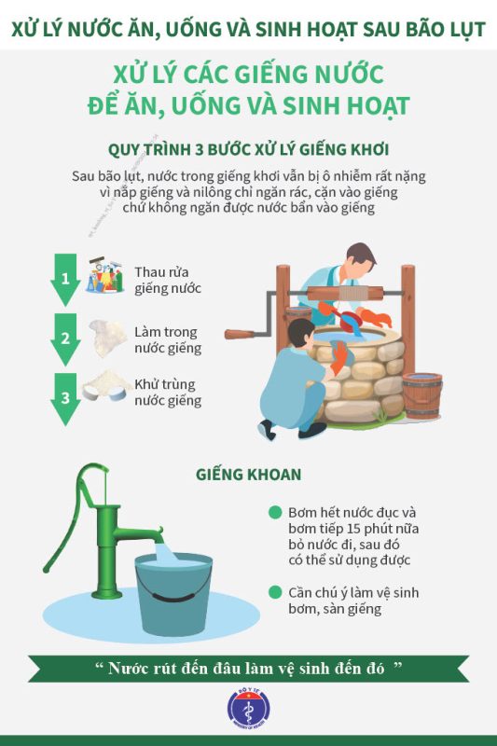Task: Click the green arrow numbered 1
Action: click(65, 279)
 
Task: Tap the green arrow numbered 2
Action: click(65, 339)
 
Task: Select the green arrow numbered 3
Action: click(65, 399)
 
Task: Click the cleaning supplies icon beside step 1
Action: click(104, 275)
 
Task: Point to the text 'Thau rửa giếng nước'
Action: click(168, 281)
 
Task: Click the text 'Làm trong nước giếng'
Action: click(168, 339)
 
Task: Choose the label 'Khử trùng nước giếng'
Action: click(168, 392)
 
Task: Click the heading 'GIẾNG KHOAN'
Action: click(248, 475)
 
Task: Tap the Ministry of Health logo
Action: click(248, 709)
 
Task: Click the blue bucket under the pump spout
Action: click(173, 594)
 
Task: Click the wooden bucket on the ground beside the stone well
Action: click(422, 395)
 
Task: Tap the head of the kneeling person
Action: click(301, 334)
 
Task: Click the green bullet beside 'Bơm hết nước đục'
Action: click(275, 512)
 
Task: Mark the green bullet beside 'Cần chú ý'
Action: click(275, 592)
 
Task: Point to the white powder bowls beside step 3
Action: click(106, 386)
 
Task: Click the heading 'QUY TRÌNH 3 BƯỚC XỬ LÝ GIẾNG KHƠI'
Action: click(248, 149)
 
